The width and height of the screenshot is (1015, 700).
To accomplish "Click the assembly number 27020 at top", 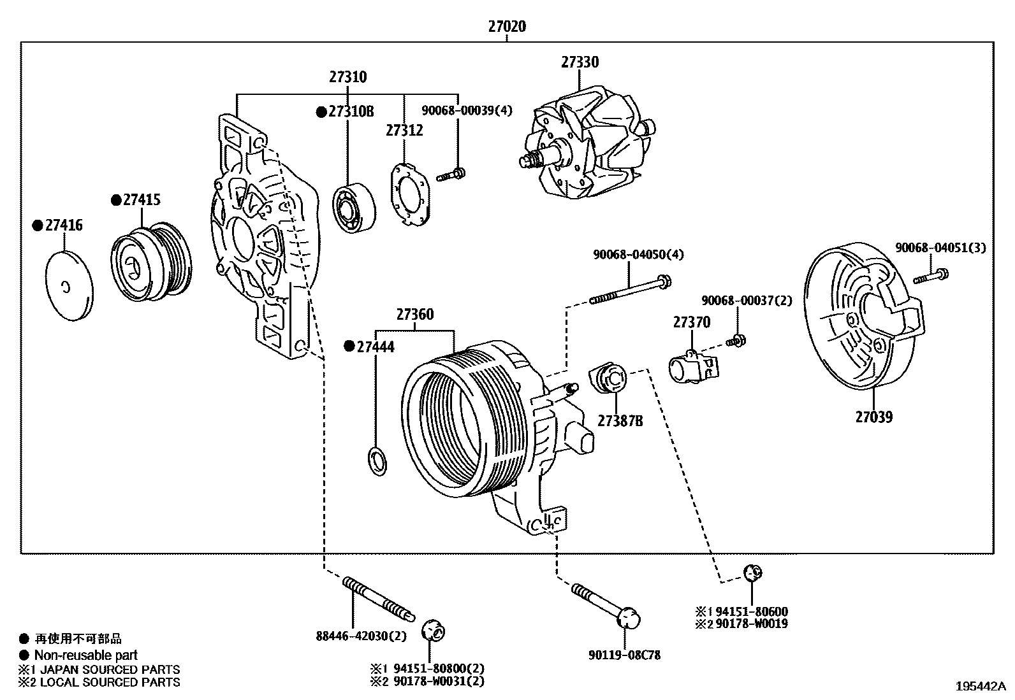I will (507, 27).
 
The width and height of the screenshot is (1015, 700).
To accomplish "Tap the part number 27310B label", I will (350, 112).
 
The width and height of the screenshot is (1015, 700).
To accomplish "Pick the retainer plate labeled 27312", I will (409, 194).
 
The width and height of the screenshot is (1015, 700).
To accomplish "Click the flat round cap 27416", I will (69, 286).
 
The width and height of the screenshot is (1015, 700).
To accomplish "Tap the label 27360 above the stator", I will (414, 315).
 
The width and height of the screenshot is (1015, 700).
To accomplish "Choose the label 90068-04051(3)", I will (940, 248).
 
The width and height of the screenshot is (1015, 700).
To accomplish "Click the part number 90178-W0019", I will (751, 624).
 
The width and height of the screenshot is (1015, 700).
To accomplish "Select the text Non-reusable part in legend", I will (85, 655).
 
